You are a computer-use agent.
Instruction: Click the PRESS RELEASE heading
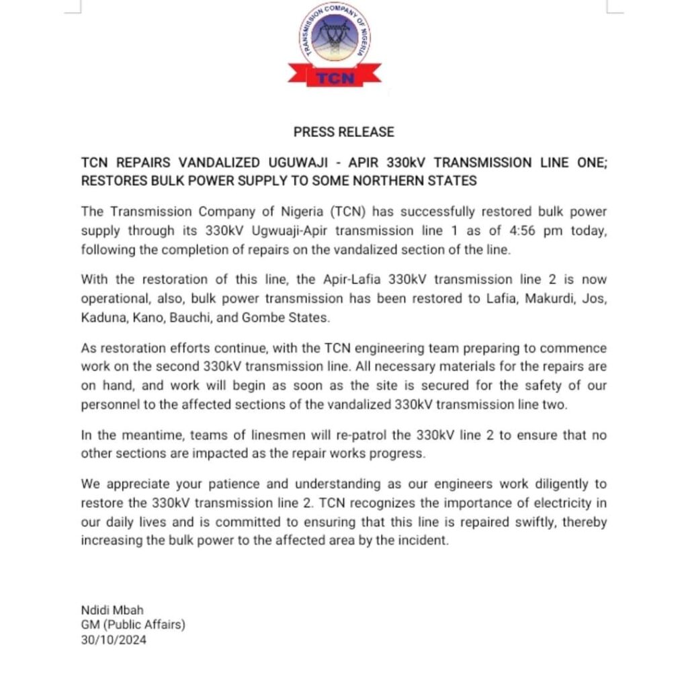[x=343, y=132]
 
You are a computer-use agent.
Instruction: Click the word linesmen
[x=244, y=435]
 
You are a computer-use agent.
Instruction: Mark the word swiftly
[x=503, y=519]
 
